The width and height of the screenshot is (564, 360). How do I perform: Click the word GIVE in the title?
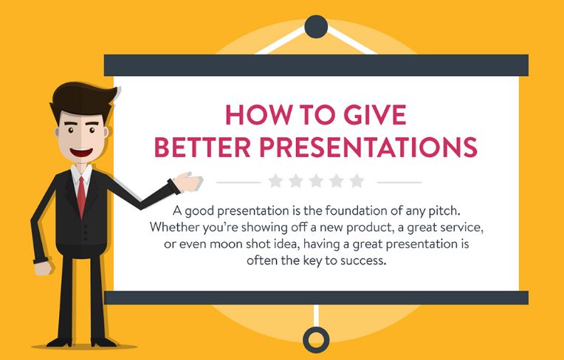pyautogui.click(x=375, y=115)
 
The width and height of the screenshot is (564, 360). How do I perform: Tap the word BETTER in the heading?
pyautogui.click(x=202, y=148)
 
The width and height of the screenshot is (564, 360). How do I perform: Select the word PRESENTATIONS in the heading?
pyautogui.click(x=368, y=148)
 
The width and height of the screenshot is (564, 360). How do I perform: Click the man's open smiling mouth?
pyautogui.click(x=81, y=152)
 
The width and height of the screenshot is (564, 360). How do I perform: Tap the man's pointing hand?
pyautogui.click(x=188, y=181)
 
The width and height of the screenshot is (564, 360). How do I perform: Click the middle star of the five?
pyautogui.click(x=316, y=181)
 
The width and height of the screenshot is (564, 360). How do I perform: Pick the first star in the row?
pyautogui.click(x=275, y=181)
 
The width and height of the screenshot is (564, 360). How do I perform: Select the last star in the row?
pyautogui.click(x=357, y=181)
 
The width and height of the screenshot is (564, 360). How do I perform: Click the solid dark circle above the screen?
pyautogui.click(x=316, y=27)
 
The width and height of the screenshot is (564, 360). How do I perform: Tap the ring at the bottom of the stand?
pyautogui.click(x=316, y=339)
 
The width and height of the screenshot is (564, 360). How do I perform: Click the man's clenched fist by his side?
pyautogui.click(x=43, y=268)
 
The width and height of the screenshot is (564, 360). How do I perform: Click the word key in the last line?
pyautogui.click(x=312, y=261)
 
